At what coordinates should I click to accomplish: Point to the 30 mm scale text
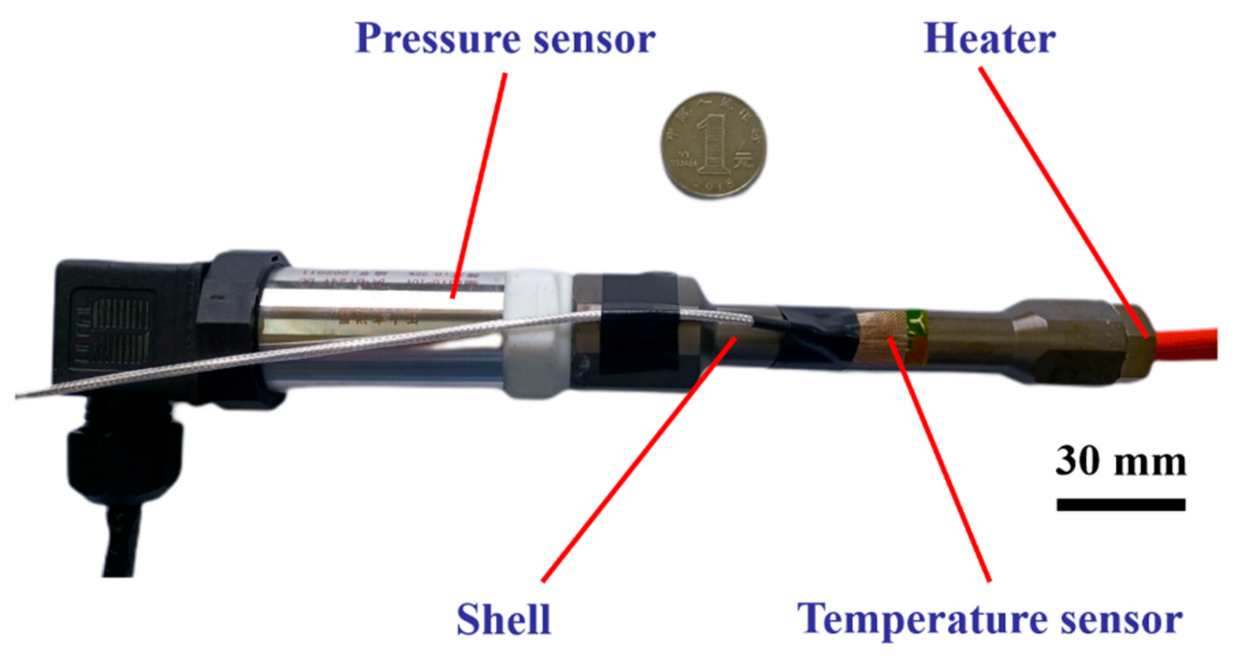[x=1120, y=461]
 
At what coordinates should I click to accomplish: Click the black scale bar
[x=1120, y=504]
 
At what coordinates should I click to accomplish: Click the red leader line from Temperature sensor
[x=940, y=460]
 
